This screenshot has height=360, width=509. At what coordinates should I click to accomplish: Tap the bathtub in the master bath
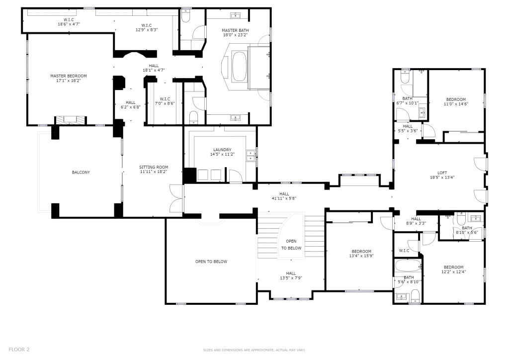240,67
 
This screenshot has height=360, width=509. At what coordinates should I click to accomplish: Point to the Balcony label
81,173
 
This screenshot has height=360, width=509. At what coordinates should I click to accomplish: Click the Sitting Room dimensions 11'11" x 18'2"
154,172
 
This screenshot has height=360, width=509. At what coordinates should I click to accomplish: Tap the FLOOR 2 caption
19,349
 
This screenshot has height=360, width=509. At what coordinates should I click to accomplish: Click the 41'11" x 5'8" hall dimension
284,198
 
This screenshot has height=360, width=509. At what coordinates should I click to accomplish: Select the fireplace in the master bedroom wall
71,120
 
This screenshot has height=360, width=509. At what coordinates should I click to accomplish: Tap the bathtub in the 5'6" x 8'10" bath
408,265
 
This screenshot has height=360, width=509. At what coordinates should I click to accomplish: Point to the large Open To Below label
211,262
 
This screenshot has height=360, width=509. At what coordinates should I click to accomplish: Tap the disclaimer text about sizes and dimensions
254,350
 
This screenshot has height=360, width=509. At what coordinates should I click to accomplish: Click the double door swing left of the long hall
176,198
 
